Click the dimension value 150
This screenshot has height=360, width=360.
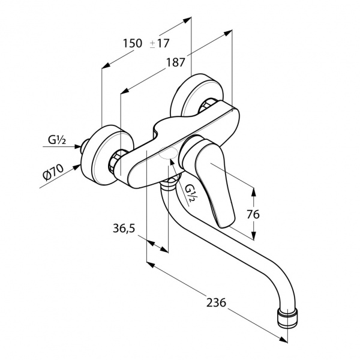[x=132, y=43]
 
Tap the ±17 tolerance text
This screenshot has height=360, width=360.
[x=159, y=43]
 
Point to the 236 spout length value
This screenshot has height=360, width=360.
[x=216, y=303]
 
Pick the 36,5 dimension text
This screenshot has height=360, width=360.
[x=122, y=229]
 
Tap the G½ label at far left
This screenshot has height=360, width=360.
[x=57, y=141]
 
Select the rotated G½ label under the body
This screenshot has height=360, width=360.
[x=191, y=193]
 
